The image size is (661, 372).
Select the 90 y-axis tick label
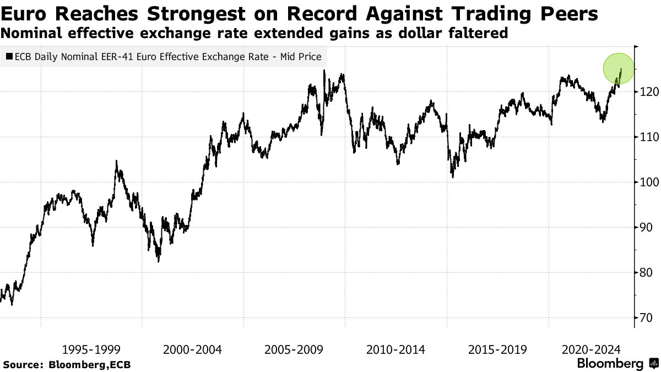[647, 228]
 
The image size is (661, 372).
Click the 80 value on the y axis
[647, 273]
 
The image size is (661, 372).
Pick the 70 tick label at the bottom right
[647, 318]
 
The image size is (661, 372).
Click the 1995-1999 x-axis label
[91, 349]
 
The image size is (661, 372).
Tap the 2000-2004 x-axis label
[192, 349]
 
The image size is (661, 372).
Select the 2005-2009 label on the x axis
[294, 349]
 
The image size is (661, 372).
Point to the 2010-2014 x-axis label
[395, 349]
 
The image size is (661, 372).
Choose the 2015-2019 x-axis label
[497, 349]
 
